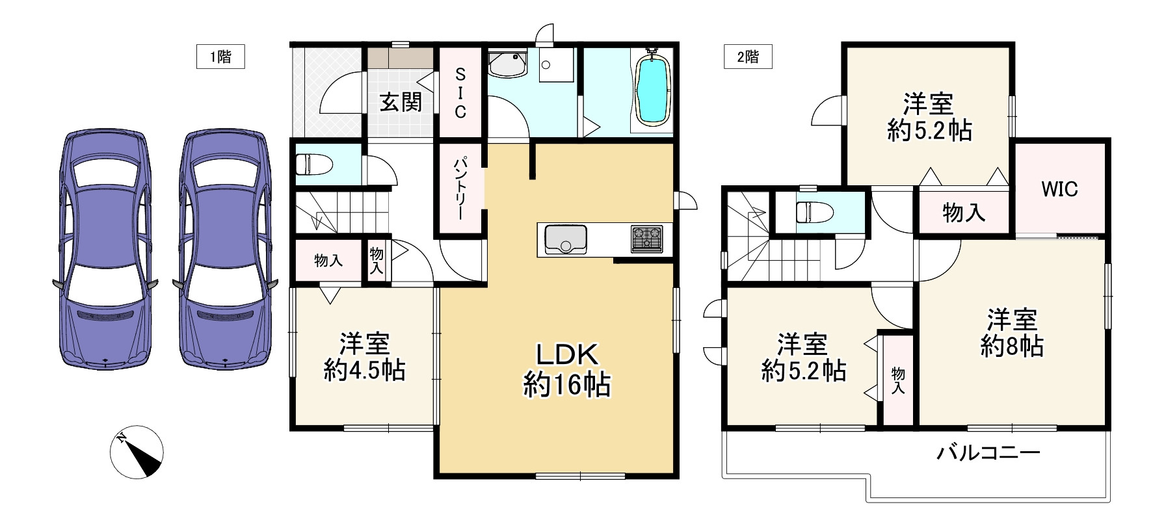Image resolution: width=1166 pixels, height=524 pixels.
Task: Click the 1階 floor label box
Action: click(x=220, y=57)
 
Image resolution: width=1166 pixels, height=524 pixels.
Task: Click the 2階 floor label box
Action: click(x=748, y=57)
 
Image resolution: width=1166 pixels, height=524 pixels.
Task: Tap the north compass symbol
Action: click(x=137, y=452)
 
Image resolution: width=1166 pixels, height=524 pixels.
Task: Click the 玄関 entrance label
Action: click(x=401, y=102)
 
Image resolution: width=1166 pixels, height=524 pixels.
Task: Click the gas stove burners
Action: click(x=646, y=239)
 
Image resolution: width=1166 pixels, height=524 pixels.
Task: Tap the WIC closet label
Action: click(x=1059, y=189)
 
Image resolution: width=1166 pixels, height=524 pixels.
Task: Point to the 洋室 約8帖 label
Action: click(x=1012, y=334)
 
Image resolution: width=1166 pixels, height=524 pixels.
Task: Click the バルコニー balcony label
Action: click(x=988, y=452)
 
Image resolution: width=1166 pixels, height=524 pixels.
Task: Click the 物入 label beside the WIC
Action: click(x=963, y=213)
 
